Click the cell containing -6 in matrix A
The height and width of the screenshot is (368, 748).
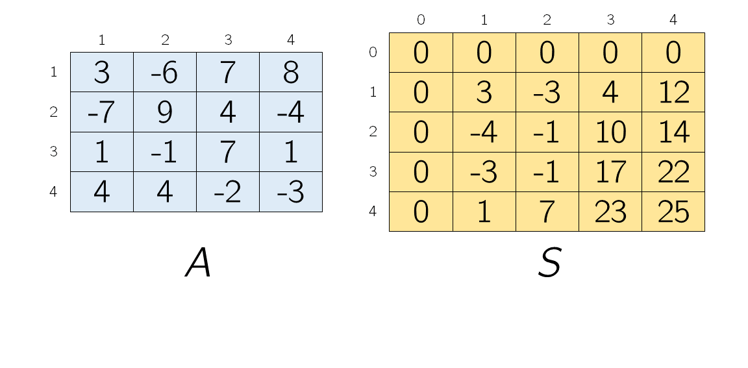tap(165, 72)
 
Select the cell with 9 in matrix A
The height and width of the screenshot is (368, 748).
tap(165, 112)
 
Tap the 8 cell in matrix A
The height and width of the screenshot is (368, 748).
tap(291, 72)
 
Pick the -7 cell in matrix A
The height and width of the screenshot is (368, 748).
tap(102, 112)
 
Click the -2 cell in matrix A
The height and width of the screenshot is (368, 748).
tap(228, 191)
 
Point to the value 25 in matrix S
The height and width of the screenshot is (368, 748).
tap(673, 212)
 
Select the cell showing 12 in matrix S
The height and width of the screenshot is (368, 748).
tap(673, 92)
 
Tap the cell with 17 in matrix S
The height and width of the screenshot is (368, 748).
tap(610, 171)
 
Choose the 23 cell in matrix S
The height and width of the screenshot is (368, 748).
tap(610, 212)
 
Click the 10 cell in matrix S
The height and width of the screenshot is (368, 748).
tap(610, 132)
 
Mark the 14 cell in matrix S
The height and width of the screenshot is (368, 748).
tap(673, 132)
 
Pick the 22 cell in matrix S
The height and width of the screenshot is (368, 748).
tap(673, 171)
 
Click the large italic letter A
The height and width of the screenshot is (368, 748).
tap(198, 263)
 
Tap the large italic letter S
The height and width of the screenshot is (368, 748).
tap(549, 263)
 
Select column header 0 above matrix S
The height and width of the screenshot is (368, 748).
tap(421, 19)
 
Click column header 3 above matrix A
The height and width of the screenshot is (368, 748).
tap(228, 40)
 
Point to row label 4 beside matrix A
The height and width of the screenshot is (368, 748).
tap(53, 191)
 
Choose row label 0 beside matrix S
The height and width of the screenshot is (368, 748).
tap(373, 52)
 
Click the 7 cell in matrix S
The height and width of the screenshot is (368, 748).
tap(547, 212)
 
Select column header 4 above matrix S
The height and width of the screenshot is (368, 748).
tap(673, 19)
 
